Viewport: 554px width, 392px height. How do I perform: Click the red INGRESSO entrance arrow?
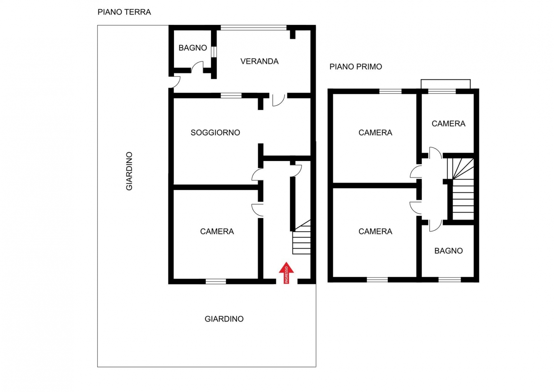click(x=286, y=273)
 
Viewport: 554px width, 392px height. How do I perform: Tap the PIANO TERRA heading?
click(x=124, y=12)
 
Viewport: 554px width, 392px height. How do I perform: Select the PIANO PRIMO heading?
click(x=356, y=67)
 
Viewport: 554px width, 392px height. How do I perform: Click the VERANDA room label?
click(x=259, y=61)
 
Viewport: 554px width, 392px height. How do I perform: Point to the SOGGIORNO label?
click(x=215, y=133)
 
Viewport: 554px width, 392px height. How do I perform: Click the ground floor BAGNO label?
click(x=193, y=48)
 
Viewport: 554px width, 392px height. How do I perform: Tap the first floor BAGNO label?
click(x=448, y=251)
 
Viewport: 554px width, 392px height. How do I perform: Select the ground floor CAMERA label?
click(x=217, y=231)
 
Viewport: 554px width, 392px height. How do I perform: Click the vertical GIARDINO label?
click(x=129, y=171)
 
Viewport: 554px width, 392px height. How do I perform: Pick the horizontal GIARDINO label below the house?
click(x=224, y=319)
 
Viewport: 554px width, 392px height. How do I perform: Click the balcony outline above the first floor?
click(x=446, y=80)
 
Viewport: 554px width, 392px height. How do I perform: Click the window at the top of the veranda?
click(x=253, y=27)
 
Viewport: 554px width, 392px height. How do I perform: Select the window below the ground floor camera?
click(x=216, y=282)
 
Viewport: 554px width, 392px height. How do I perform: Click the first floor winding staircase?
click(x=461, y=189)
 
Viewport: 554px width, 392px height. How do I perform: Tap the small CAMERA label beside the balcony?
click(x=448, y=123)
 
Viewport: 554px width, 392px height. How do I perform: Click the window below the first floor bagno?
click(x=449, y=280)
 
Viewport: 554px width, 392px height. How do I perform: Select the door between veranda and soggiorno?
click(x=278, y=100)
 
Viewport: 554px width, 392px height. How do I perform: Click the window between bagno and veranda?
click(x=214, y=52)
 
